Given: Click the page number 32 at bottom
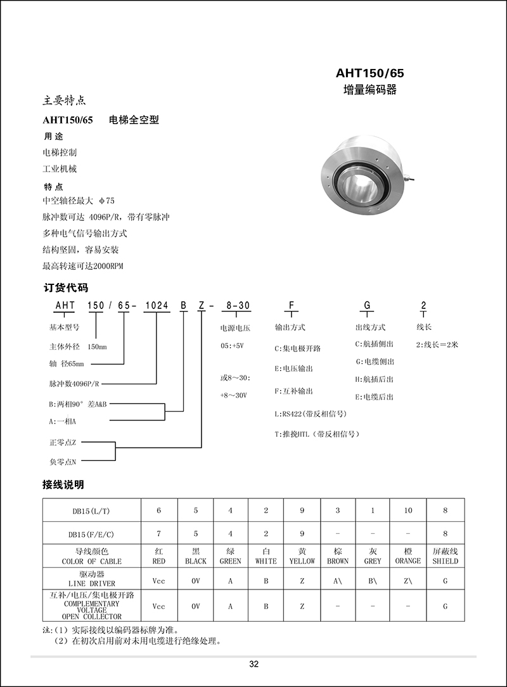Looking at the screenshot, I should click(x=253, y=664).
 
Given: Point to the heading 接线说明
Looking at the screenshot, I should click(x=63, y=485).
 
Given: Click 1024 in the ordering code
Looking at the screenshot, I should click(x=157, y=305).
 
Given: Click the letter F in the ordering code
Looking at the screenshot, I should click(x=292, y=305).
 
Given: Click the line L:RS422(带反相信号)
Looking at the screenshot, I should click(x=311, y=413).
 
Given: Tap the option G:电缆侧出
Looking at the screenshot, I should click(x=375, y=362).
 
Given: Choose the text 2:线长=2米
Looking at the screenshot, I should click(x=437, y=345).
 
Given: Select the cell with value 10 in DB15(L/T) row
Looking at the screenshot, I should click(x=408, y=510).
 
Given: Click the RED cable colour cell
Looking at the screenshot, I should click(x=159, y=557).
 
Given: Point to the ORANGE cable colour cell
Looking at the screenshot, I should click(x=408, y=557).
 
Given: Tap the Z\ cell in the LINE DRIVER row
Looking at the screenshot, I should click(x=408, y=580).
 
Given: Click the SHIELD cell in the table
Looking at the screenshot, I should click(x=445, y=557).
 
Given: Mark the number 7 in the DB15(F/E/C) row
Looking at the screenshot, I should click(x=159, y=534).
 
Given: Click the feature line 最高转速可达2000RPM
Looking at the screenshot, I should click(x=82, y=266).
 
